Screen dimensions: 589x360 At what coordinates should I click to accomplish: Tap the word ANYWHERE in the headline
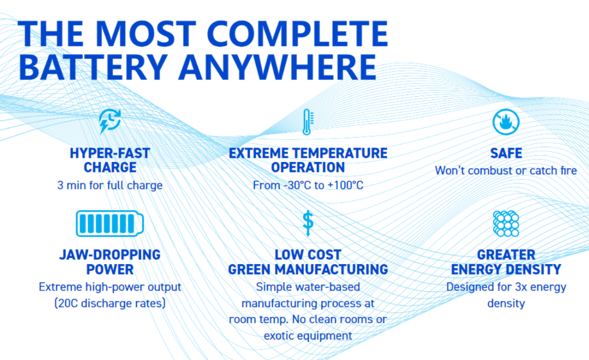click(x=277, y=67)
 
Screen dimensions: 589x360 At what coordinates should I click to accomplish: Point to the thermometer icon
click(x=307, y=122)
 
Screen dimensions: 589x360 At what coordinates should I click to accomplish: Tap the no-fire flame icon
click(x=506, y=122)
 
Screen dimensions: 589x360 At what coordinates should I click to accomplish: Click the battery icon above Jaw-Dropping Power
click(x=110, y=223)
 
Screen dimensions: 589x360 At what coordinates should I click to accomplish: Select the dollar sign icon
click(x=308, y=223)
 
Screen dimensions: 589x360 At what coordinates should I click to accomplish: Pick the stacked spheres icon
click(x=506, y=223)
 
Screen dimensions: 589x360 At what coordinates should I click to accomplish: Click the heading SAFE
click(x=506, y=153)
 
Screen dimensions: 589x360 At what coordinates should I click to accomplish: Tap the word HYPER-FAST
click(x=110, y=153)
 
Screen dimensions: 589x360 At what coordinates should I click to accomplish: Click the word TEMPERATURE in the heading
click(x=340, y=153)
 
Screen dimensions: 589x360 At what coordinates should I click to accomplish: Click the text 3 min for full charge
click(x=110, y=186)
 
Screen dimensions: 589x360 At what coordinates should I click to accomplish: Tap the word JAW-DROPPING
click(x=110, y=255)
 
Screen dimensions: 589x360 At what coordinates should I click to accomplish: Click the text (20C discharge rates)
click(x=110, y=304)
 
